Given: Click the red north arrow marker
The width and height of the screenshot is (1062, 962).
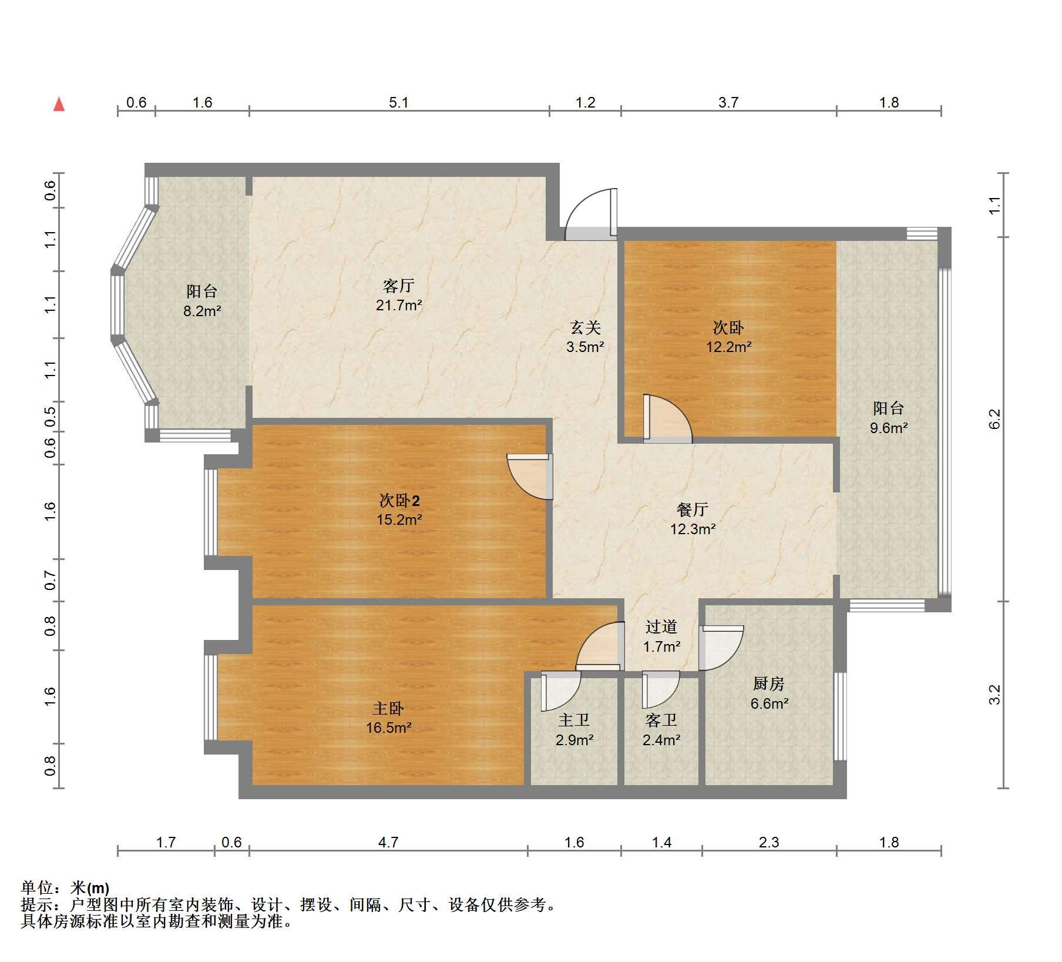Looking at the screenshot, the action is pyautogui.click(x=59, y=105).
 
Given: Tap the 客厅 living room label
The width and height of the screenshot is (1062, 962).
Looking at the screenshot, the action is pyautogui.click(x=399, y=286).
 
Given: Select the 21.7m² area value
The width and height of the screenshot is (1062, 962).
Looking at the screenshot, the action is pyautogui.click(x=399, y=305).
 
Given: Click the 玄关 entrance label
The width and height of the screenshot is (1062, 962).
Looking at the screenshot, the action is pyautogui.click(x=586, y=327).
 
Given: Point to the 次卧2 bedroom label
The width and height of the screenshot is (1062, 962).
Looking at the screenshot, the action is pyautogui.click(x=399, y=501).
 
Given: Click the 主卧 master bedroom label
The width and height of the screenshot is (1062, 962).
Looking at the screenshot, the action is pyautogui.click(x=388, y=709).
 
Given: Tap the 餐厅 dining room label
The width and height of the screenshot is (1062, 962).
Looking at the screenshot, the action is pyautogui.click(x=693, y=510).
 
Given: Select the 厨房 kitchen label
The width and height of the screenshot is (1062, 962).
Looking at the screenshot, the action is pyautogui.click(x=768, y=683).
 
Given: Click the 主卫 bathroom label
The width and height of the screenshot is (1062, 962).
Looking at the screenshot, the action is pyautogui.click(x=574, y=720).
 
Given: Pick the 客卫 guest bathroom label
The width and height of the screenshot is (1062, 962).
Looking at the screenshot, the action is pyautogui.click(x=661, y=720).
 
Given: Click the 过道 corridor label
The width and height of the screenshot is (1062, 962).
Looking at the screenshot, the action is pyautogui.click(x=661, y=627).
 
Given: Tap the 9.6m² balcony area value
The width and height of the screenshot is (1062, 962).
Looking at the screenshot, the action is pyautogui.click(x=889, y=428).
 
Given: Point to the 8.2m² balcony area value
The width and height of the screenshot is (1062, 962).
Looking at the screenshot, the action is pyautogui.click(x=202, y=311).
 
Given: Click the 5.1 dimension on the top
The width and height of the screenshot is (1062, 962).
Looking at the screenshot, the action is pyautogui.click(x=398, y=103).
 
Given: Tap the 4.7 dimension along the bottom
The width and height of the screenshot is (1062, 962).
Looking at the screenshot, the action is pyautogui.click(x=388, y=843).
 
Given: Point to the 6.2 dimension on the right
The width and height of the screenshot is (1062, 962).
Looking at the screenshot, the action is pyautogui.click(x=994, y=418).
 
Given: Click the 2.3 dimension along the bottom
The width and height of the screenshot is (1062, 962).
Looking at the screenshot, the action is pyautogui.click(x=769, y=843).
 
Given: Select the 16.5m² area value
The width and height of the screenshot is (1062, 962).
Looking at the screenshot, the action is pyautogui.click(x=388, y=728).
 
